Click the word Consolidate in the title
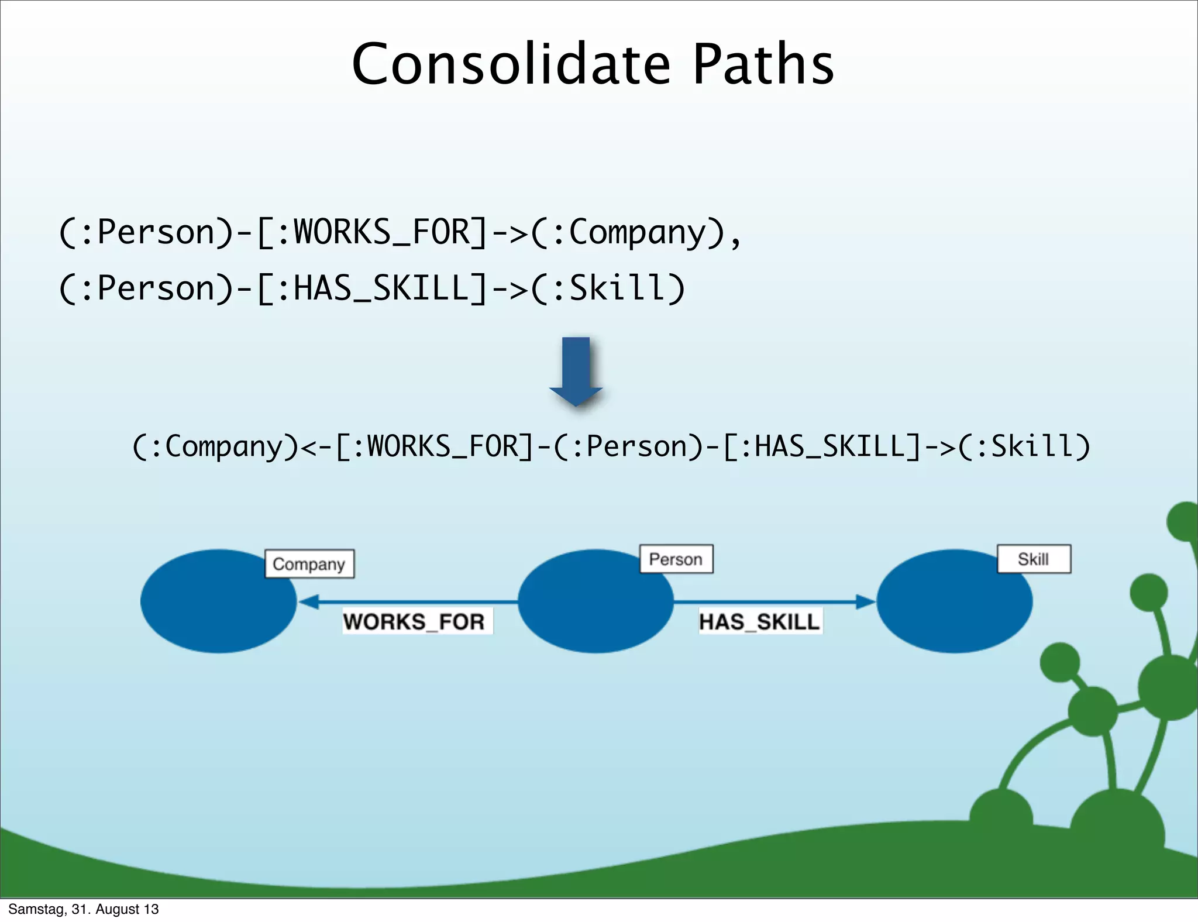(x=511, y=64)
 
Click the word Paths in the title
(x=763, y=64)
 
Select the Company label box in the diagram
(x=309, y=564)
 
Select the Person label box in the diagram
(x=676, y=559)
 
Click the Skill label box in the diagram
(x=1034, y=559)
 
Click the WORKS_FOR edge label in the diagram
(x=415, y=621)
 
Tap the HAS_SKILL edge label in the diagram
(x=760, y=621)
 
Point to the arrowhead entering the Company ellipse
(x=309, y=601)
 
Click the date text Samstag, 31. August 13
(x=84, y=909)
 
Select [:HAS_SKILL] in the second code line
(x=371, y=288)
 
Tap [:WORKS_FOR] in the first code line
(x=371, y=233)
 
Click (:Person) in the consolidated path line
(x=629, y=447)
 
